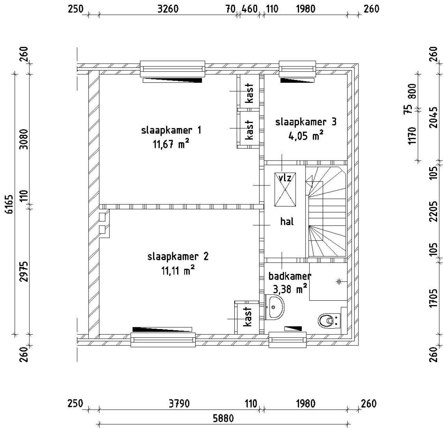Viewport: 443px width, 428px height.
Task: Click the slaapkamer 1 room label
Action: (171, 130)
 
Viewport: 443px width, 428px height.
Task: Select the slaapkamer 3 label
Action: (306, 122)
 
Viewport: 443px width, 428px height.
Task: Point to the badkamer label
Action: (290, 276)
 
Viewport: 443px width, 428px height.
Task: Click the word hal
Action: (287, 221)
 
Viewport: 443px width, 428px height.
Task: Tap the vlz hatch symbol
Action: (285, 190)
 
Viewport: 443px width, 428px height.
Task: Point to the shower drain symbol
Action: (338, 282)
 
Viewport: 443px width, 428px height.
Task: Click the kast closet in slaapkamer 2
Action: (247, 317)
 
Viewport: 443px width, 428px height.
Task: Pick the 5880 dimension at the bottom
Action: (223, 418)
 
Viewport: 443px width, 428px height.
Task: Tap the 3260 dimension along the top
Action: (168, 9)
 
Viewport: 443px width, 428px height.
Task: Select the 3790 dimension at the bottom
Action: (179, 404)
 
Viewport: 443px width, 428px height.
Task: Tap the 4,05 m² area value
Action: (306, 136)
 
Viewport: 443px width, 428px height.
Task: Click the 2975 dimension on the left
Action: (24, 271)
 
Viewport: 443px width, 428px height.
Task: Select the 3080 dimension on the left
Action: (24, 138)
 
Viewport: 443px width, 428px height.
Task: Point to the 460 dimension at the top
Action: (249, 9)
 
